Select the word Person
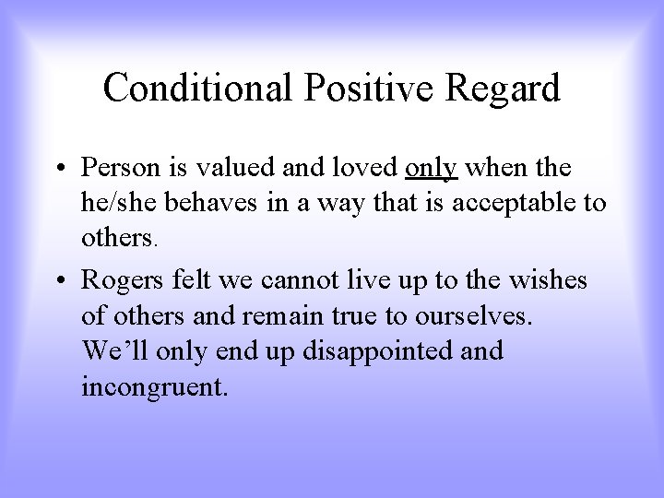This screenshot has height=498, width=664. point(114,170)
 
